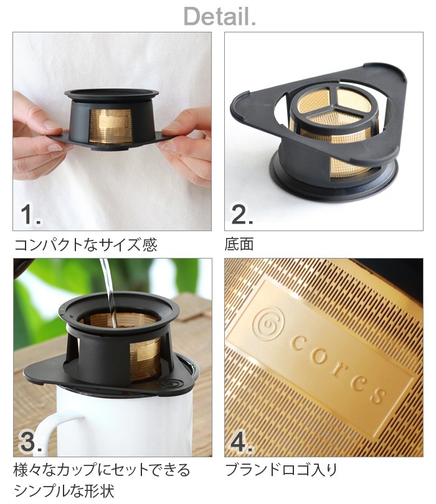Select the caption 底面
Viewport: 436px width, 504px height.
[239, 244]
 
